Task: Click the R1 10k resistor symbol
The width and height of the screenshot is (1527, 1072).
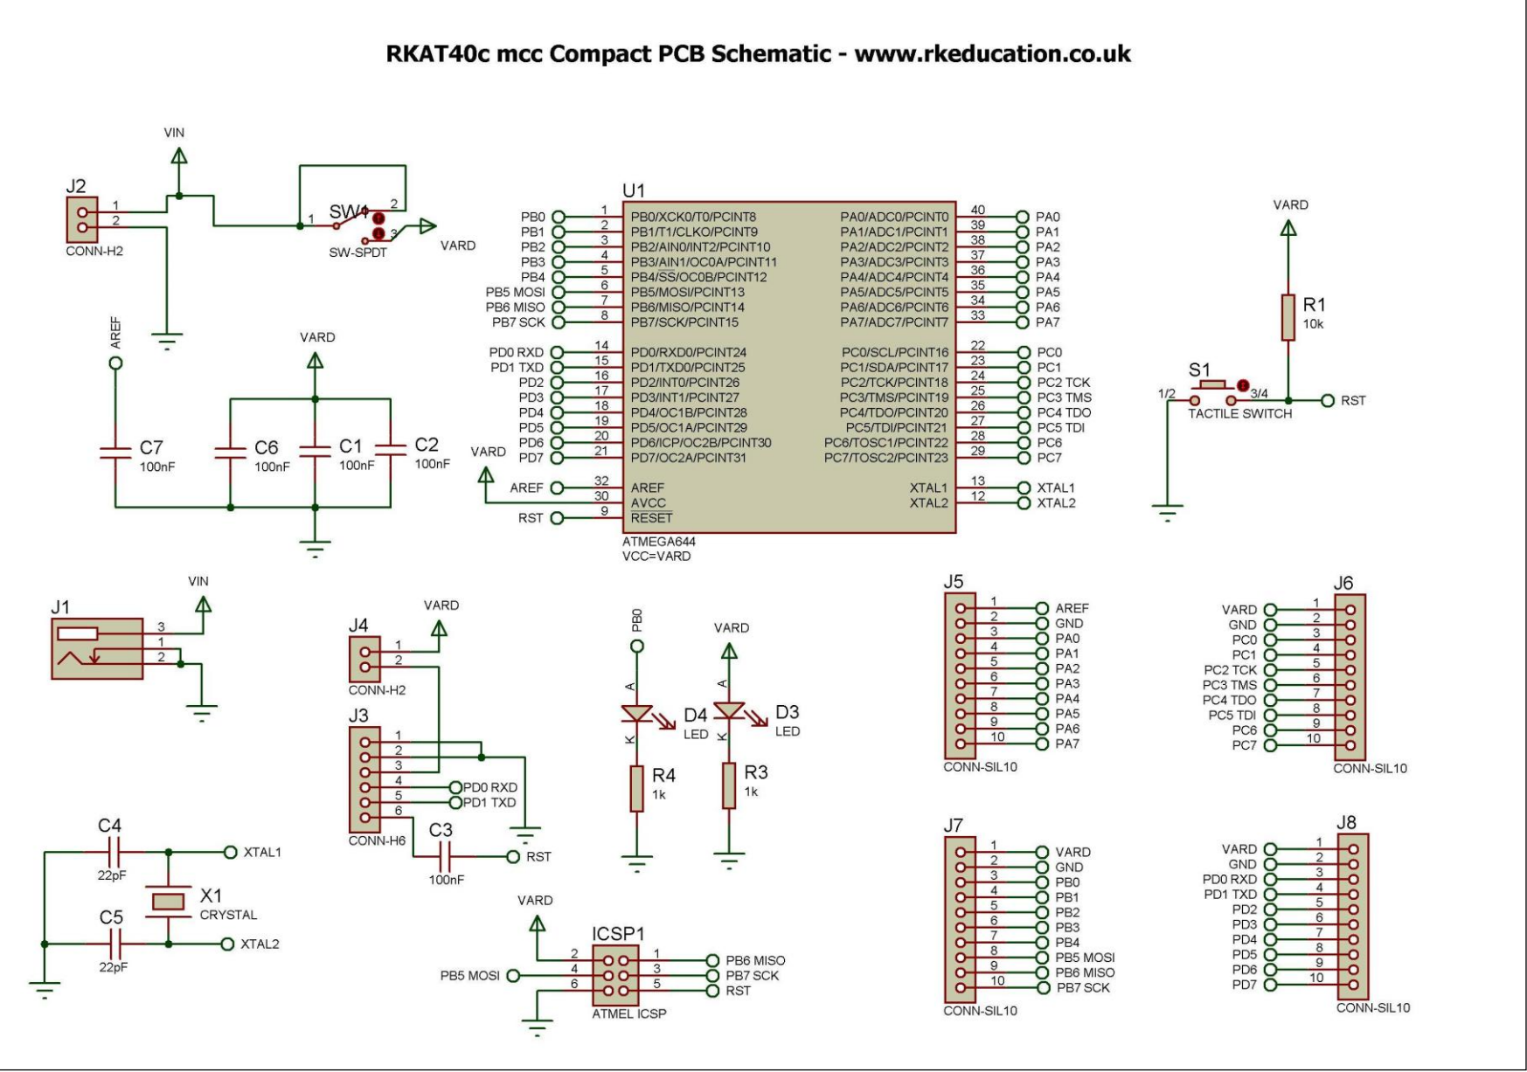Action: click(1288, 317)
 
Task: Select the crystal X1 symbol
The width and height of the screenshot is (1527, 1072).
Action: click(169, 901)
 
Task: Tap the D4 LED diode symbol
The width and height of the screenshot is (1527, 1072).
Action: click(636, 713)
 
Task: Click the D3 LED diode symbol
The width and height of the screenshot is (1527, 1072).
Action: click(728, 710)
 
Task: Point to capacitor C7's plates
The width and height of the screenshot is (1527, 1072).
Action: click(115, 453)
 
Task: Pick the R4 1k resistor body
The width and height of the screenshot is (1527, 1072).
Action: click(636, 788)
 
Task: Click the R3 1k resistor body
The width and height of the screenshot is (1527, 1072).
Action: click(729, 785)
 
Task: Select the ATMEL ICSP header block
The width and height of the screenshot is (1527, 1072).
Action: click(616, 975)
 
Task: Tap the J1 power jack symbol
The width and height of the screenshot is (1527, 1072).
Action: click(97, 648)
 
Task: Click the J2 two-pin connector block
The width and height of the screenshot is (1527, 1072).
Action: click(82, 220)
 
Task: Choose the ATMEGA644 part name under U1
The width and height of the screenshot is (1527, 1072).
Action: click(659, 542)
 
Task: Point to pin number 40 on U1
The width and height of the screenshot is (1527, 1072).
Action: click(977, 211)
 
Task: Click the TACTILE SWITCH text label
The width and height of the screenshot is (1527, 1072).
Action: click(1239, 414)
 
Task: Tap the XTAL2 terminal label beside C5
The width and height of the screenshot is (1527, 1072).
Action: click(260, 944)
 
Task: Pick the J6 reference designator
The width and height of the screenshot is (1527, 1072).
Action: click(1343, 583)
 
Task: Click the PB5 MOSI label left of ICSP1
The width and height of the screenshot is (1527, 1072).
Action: click(469, 975)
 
